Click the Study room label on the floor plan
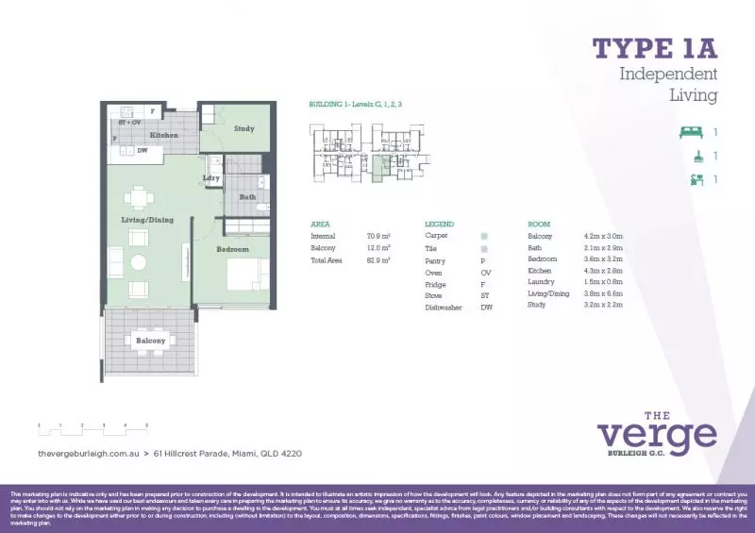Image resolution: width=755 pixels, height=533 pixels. click(244, 128)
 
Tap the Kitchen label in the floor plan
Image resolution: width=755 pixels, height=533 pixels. click(163, 136)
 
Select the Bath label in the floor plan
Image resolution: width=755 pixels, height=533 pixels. click(247, 197)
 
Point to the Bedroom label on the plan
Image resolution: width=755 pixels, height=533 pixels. click(232, 249)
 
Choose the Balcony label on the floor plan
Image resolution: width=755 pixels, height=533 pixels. click(150, 341)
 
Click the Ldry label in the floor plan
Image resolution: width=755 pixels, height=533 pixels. click(211, 177)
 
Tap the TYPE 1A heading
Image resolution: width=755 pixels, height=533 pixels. click(655, 47)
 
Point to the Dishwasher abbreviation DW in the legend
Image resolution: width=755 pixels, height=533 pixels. click(486, 308)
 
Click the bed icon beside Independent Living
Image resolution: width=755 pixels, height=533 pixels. click(693, 132)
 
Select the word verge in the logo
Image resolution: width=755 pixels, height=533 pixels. click(657, 436)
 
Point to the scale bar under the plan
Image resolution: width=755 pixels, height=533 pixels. click(93, 427)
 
